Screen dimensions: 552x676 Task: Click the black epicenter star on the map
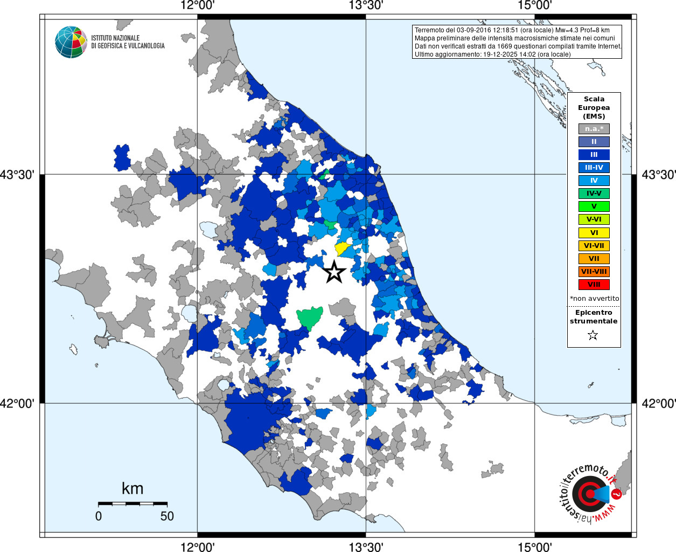point(334,272)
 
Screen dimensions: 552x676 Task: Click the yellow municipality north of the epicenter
point(342,249)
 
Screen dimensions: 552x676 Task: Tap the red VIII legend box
point(594,285)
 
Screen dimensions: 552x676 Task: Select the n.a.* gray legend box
point(594,129)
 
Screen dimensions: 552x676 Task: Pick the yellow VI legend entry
point(594,233)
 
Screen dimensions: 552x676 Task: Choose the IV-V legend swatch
point(594,194)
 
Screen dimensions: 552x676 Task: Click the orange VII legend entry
point(594,259)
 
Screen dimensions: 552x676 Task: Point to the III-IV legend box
point(594,168)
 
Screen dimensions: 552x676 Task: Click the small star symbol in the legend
point(593,335)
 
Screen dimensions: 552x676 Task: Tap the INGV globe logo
point(71,42)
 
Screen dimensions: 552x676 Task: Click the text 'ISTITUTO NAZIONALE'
point(115,38)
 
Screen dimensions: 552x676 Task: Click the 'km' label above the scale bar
point(133,488)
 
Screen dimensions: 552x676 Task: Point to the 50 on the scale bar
point(167,516)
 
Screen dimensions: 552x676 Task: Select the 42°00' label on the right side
point(658,403)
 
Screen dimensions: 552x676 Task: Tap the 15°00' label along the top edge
point(534,6)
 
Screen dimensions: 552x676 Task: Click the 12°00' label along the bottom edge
point(198,547)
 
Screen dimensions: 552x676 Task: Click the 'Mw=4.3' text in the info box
point(567,30)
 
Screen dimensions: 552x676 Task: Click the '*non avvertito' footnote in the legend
point(594,299)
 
